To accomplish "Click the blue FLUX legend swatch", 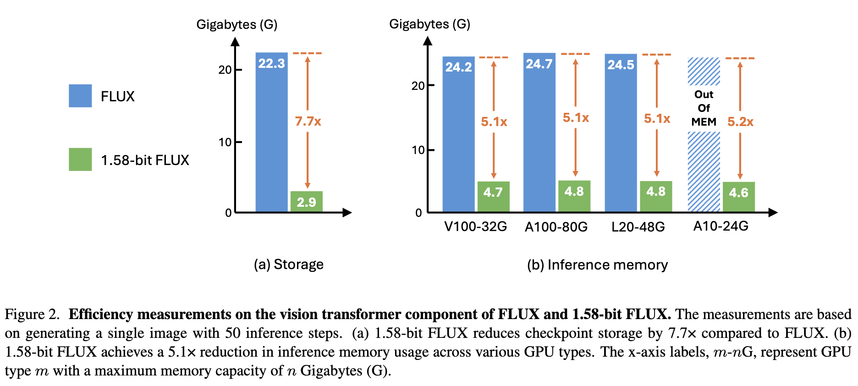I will pyautogui.click(x=80, y=96).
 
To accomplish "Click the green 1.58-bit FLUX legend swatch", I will pyautogui.click(x=80, y=160).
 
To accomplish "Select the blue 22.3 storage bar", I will pyautogui.click(x=271, y=138).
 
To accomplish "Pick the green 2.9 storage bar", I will pyautogui.click(x=306, y=201).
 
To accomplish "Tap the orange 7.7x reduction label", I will pyautogui.click(x=308, y=121).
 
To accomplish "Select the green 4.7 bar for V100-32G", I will pyautogui.click(x=493, y=196).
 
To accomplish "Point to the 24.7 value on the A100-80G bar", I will pyautogui.click(x=539, y=64).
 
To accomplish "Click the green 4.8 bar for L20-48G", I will pyautogui.click(x=656, y=196).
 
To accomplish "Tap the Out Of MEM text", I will pyautogui.click(x=704, y=108).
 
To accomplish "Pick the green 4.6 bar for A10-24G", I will pyautogui.click(x=738, y=197).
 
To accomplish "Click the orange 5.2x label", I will pyautogui.click(x=740, y=122).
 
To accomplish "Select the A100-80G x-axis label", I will pyautogui.click(x=556, y=227).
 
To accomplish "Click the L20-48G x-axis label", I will pyautogui.click(x=638, y=227).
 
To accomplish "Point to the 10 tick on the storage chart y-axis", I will pyautogui.click(x=225, y=143).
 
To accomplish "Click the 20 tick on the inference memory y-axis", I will pyautogui.click(x=418, y=86).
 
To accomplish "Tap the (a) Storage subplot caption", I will pyautogui.click(x=289, y=265).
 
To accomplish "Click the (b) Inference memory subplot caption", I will pyautogui.click(x=597, y=265).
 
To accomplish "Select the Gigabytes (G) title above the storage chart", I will pyautogui.click(x=237, y=24).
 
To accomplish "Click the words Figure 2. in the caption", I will pyautogui.click(x=32, y=314).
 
